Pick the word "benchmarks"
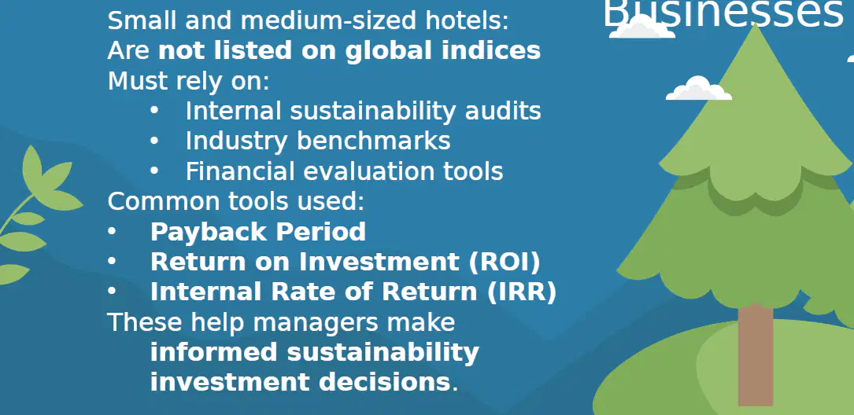373,141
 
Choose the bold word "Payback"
209,232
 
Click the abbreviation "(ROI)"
504,263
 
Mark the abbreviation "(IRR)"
521,292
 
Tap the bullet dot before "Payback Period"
112,232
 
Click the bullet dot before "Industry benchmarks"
154,141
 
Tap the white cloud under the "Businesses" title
642,28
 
